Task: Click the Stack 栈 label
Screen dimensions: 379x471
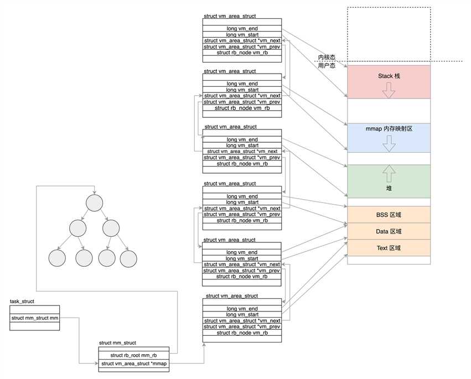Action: [389, 76]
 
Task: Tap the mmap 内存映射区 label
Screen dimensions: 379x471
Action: [389, 128]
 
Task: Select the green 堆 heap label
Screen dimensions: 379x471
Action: [389, 189]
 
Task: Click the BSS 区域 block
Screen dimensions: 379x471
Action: [389, 215]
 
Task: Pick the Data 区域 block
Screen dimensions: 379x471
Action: [389, 231]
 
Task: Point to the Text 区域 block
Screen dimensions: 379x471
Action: [389, 248]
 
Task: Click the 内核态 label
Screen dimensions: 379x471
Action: [327, 58]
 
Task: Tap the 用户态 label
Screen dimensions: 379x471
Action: [327, 65]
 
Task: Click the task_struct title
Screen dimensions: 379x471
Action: [23, 302]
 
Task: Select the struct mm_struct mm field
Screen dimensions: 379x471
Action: [35, 318]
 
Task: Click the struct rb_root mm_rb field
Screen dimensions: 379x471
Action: [134, 355]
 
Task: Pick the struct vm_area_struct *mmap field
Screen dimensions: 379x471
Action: [134, 364]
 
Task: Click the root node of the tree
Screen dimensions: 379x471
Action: [95, 203]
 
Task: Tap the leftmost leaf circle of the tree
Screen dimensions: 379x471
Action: [57, 258]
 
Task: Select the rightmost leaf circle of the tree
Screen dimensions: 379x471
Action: [128, 258]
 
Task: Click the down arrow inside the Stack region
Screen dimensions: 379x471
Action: [389, 90]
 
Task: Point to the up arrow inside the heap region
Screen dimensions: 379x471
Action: [389, 173]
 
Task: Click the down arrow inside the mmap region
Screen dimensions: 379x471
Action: [389, 143]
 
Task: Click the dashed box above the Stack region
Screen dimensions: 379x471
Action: [389, 33]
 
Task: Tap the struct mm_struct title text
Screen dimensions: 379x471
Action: [117, 343]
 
